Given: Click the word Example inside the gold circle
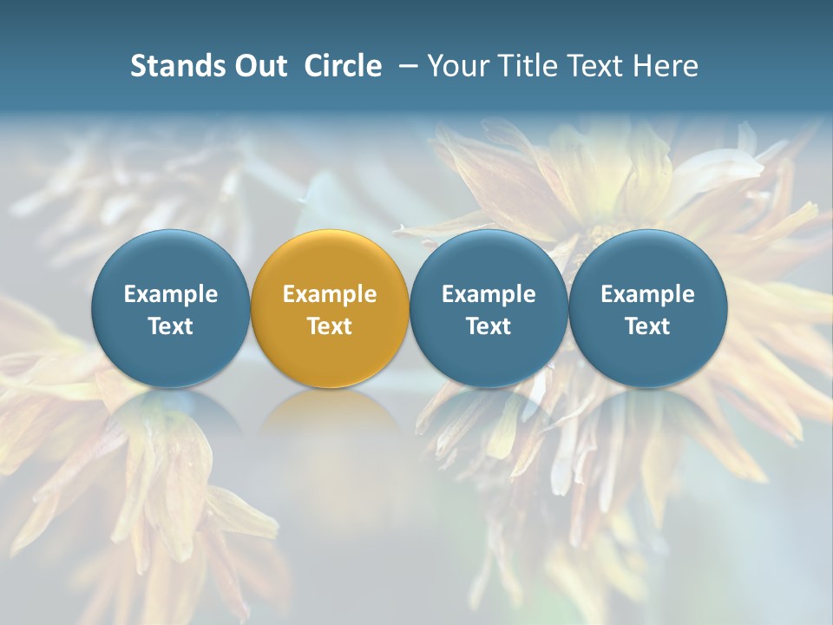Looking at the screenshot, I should tap(330, 294).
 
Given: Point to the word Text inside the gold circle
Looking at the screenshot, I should tap(330, 326).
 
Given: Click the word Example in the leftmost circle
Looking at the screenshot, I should tap(171, 294).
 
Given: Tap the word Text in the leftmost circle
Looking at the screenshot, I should tap(171, 326).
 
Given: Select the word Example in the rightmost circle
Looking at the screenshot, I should tap(647, 294).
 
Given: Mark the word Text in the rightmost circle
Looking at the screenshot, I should tap(647, 326).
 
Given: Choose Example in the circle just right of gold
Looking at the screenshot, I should tap(489, 294).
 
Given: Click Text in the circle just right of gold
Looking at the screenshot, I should tap(489, 326).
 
